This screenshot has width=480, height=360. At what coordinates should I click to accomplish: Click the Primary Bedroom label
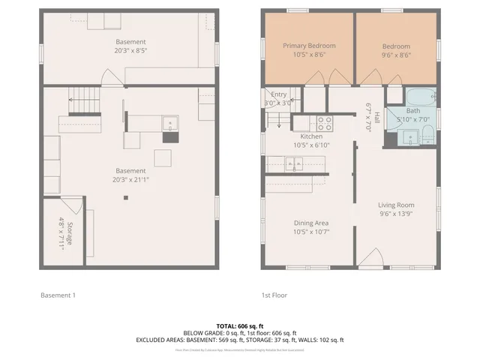309,46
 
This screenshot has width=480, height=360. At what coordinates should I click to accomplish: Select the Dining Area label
310,223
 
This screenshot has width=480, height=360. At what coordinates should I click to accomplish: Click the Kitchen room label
310,136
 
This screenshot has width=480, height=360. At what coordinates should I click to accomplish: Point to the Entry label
278,94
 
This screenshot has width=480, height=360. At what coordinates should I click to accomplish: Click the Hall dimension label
369,118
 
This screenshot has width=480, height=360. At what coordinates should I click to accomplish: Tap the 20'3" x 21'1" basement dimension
130,180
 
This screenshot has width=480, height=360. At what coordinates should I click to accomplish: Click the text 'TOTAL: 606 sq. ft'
239,325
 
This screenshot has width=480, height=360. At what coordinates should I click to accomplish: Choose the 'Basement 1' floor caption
58,295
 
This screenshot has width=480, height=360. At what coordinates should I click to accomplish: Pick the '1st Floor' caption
274,295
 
